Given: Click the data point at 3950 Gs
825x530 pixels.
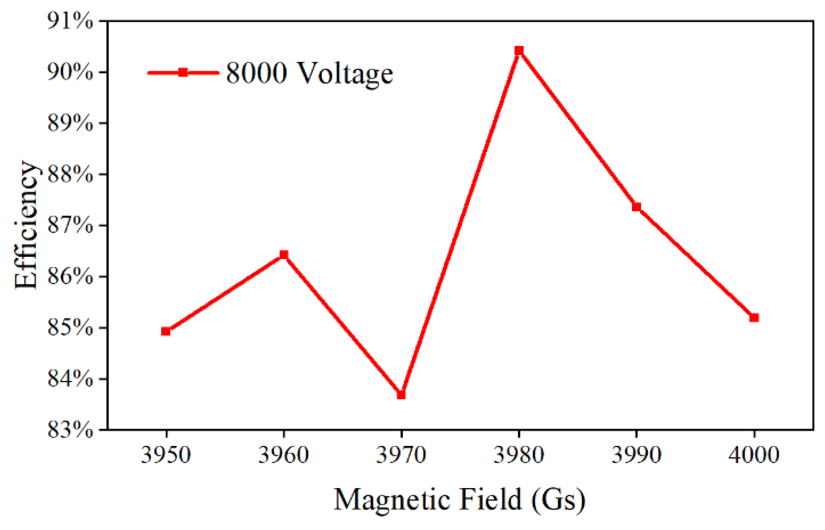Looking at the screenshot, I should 166,331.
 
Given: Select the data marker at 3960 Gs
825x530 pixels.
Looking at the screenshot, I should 284,254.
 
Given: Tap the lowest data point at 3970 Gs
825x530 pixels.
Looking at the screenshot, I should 401,395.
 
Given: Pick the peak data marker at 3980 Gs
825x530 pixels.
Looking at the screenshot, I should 519,51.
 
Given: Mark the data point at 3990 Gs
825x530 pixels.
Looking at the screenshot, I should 636,207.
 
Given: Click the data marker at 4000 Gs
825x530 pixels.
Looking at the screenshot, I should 754,318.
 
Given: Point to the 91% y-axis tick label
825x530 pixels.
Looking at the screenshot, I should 70,21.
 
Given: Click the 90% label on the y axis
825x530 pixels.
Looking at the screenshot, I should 70,72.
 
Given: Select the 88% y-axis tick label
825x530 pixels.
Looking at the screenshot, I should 70,174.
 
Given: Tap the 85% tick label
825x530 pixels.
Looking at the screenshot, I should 70,327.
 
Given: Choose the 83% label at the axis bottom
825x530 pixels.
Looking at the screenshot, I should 70,430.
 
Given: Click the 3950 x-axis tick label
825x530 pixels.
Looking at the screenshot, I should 166,455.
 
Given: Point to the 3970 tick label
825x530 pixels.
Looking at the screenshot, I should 401,455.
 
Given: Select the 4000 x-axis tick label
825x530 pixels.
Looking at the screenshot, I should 754,455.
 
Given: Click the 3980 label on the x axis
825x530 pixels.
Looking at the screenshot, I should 519,455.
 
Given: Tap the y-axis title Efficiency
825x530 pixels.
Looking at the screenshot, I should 27,225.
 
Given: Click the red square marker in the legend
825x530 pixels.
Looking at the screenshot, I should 183,73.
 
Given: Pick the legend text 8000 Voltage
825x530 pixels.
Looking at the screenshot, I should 309,73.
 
